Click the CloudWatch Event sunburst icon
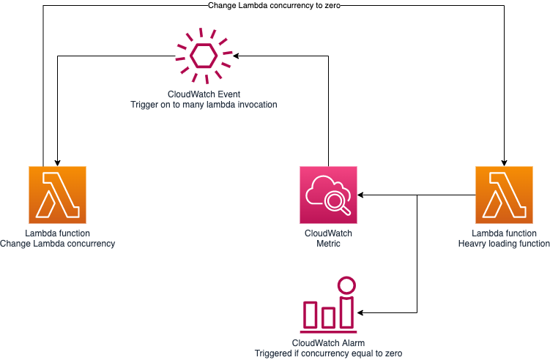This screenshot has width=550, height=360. click(x=204, y=56)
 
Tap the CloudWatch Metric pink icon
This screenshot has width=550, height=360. click(x=328, y=195)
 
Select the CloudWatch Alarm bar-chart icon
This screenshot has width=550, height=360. click(x=328, y=305)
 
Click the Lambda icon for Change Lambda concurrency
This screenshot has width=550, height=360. click(x=57, y=195)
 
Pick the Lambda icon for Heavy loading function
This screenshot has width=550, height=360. click(x=504, y=195)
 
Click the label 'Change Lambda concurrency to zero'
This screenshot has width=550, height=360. click(x=275, y=6)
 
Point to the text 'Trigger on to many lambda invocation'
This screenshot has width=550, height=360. click(x=204, y=105)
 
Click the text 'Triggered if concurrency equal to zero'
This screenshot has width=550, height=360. click(x=328, y=353)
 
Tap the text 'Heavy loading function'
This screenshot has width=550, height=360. click(x=504, y=244)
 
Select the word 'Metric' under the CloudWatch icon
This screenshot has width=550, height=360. click(x=328, y=244)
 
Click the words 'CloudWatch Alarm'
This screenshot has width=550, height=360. click(x=328, y=342)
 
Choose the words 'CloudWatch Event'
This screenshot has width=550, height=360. click(x=204, y=94)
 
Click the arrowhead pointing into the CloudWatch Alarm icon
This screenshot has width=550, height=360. click(x=362, y=312)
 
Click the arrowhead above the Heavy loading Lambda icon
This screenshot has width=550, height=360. click(x=504, y=162)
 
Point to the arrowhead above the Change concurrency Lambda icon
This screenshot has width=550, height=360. click(x=57, y=162)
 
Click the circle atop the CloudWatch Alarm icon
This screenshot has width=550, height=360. click(x=346, y=285)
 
